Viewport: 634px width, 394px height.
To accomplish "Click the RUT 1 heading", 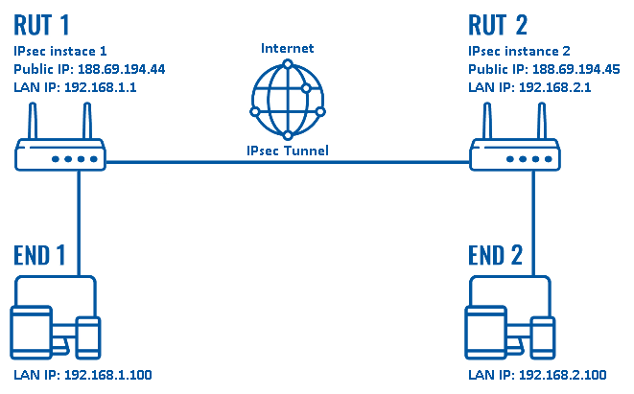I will pyautogui.click(x=42, y=22).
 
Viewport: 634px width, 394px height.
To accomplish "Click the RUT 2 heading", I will pyautogui.click(x=499, y=22).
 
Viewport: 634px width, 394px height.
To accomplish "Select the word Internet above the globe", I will pyautogui.click(x=288, y=47).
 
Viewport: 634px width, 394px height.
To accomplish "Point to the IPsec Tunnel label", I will pyautogui.click(x=287, y=151).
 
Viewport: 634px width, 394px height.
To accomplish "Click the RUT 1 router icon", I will pyautogui.click(x=61, y=153).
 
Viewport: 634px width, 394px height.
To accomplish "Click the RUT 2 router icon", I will pyautogui.click(x=516, y=153).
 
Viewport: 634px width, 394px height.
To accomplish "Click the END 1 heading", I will pyautogui.click(x=41, y=255).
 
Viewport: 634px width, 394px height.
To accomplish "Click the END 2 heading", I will pyautogui.click(x=497, y=255).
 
